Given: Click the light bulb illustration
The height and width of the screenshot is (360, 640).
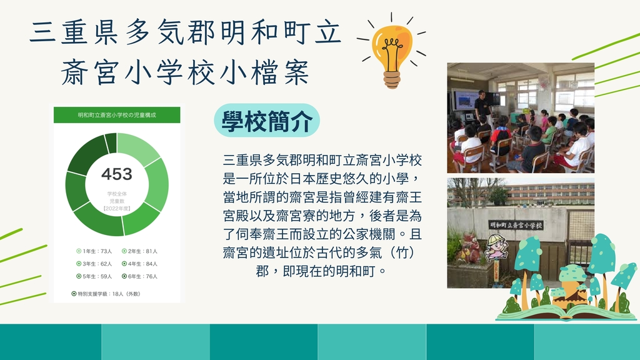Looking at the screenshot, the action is [391, 53].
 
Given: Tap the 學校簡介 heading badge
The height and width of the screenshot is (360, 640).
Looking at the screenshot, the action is [267, 121].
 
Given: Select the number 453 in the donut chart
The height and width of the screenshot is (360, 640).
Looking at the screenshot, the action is [117, 174].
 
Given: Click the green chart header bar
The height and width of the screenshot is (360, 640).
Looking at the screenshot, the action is [117, 115].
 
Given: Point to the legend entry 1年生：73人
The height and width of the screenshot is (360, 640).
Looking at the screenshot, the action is [94, 251].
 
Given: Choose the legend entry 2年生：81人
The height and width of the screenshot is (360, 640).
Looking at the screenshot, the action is [139, 251].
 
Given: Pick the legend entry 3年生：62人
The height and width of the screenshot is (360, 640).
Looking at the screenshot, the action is [94, 264].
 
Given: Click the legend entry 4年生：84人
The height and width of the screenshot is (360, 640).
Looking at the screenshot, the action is [139, 264].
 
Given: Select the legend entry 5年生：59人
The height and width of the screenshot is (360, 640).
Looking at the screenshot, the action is [94, 276].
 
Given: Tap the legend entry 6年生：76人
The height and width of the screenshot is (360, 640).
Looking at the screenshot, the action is [139, 276].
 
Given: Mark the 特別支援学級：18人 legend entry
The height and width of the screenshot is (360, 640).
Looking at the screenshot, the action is [106, 294].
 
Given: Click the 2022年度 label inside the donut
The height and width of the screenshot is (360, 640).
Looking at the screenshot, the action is [117, 209].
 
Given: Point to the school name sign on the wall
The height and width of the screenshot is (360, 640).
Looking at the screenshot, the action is [516, 224].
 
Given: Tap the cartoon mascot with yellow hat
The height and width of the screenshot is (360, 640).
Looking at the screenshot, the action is [496, 247].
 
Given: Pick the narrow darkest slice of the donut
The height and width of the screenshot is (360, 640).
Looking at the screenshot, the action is [111, 143].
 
